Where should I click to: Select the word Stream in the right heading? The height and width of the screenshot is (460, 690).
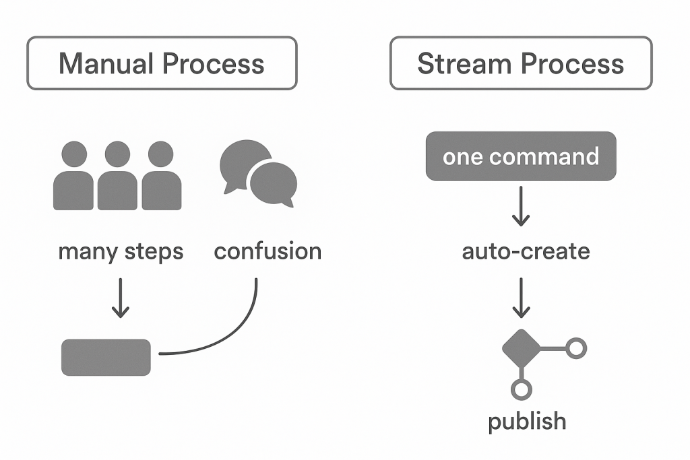click(x=464, y=64)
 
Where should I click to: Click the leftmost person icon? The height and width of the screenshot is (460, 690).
click(x=73, y=176)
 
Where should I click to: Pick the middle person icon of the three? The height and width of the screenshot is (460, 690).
click(x=117, y=176)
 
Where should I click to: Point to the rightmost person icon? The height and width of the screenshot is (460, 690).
click(x=162, y=176)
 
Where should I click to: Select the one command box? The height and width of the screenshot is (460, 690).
click(x=521, y=156)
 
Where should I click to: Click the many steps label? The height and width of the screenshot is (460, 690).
click(x=121, y=252)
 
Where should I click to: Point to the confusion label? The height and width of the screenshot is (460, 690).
click(x=268, y=251)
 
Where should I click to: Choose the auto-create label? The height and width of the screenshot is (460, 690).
click(x=526, y=251)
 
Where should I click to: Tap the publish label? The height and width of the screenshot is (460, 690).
click(x=527, y=422)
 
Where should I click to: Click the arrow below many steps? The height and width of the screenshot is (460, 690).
click(x=120, y=298)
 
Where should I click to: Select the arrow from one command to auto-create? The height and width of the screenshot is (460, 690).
click(x=521, y=206)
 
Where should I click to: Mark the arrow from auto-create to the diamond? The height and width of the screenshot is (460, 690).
click(x=521, y=298)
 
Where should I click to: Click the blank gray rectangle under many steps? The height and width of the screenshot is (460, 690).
click(x=106, y=358)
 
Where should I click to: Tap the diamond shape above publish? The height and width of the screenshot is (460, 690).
click(x=522, y=348)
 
